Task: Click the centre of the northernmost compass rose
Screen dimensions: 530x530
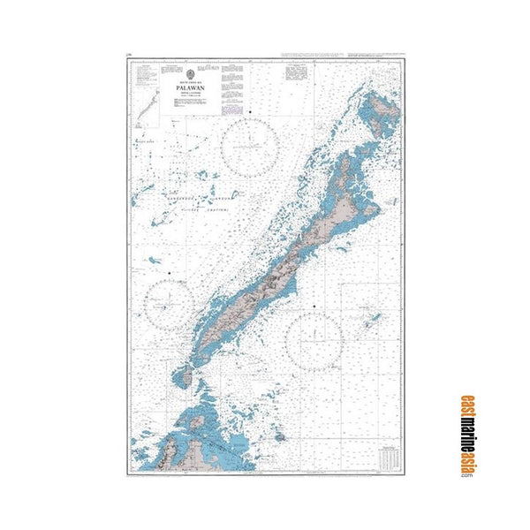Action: point(253,147)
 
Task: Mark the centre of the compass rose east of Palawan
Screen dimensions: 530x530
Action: point(314,338)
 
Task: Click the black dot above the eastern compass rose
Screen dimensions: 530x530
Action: point(315,305)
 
